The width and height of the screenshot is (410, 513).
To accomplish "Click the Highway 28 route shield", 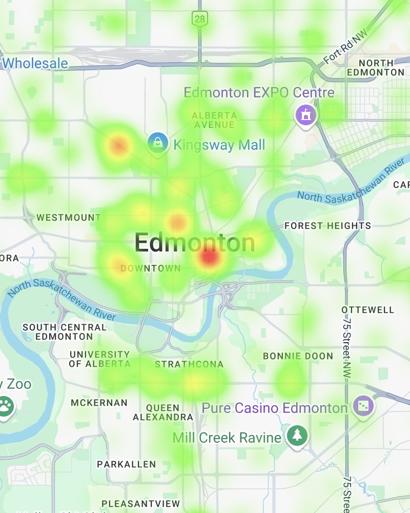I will click(x=199, y=19).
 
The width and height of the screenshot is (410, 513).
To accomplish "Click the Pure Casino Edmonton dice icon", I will click(x=364, y=406).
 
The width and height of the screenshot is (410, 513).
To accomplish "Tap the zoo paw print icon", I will click(x=5, y=406).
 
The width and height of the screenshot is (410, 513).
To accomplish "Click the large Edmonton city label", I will click(x=194, y=243).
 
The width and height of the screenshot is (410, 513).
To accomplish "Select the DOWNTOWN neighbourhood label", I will click(x=150, y=268).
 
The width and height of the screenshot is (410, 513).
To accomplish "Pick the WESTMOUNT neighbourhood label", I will click(x=69, y=218).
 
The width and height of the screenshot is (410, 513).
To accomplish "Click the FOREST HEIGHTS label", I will click(x=327, y=226).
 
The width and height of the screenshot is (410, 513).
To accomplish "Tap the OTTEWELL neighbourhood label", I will click(x=368, y=310).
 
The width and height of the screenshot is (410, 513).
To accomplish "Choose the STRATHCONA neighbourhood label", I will click(x=189, y=364).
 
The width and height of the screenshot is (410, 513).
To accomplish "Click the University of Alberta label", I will click(x=99, y=359).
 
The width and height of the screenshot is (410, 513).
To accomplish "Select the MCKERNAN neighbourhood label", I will click(x=99, y=403).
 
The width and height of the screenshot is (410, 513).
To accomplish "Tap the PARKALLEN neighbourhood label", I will click(x=126, y=464).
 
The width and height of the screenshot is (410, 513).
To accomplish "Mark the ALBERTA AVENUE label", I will click(x=214, y=120).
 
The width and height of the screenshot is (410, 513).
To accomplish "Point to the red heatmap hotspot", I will click(x=209, y=256).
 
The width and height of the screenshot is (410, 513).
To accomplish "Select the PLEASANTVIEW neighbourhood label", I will click(x=140, y=503).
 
